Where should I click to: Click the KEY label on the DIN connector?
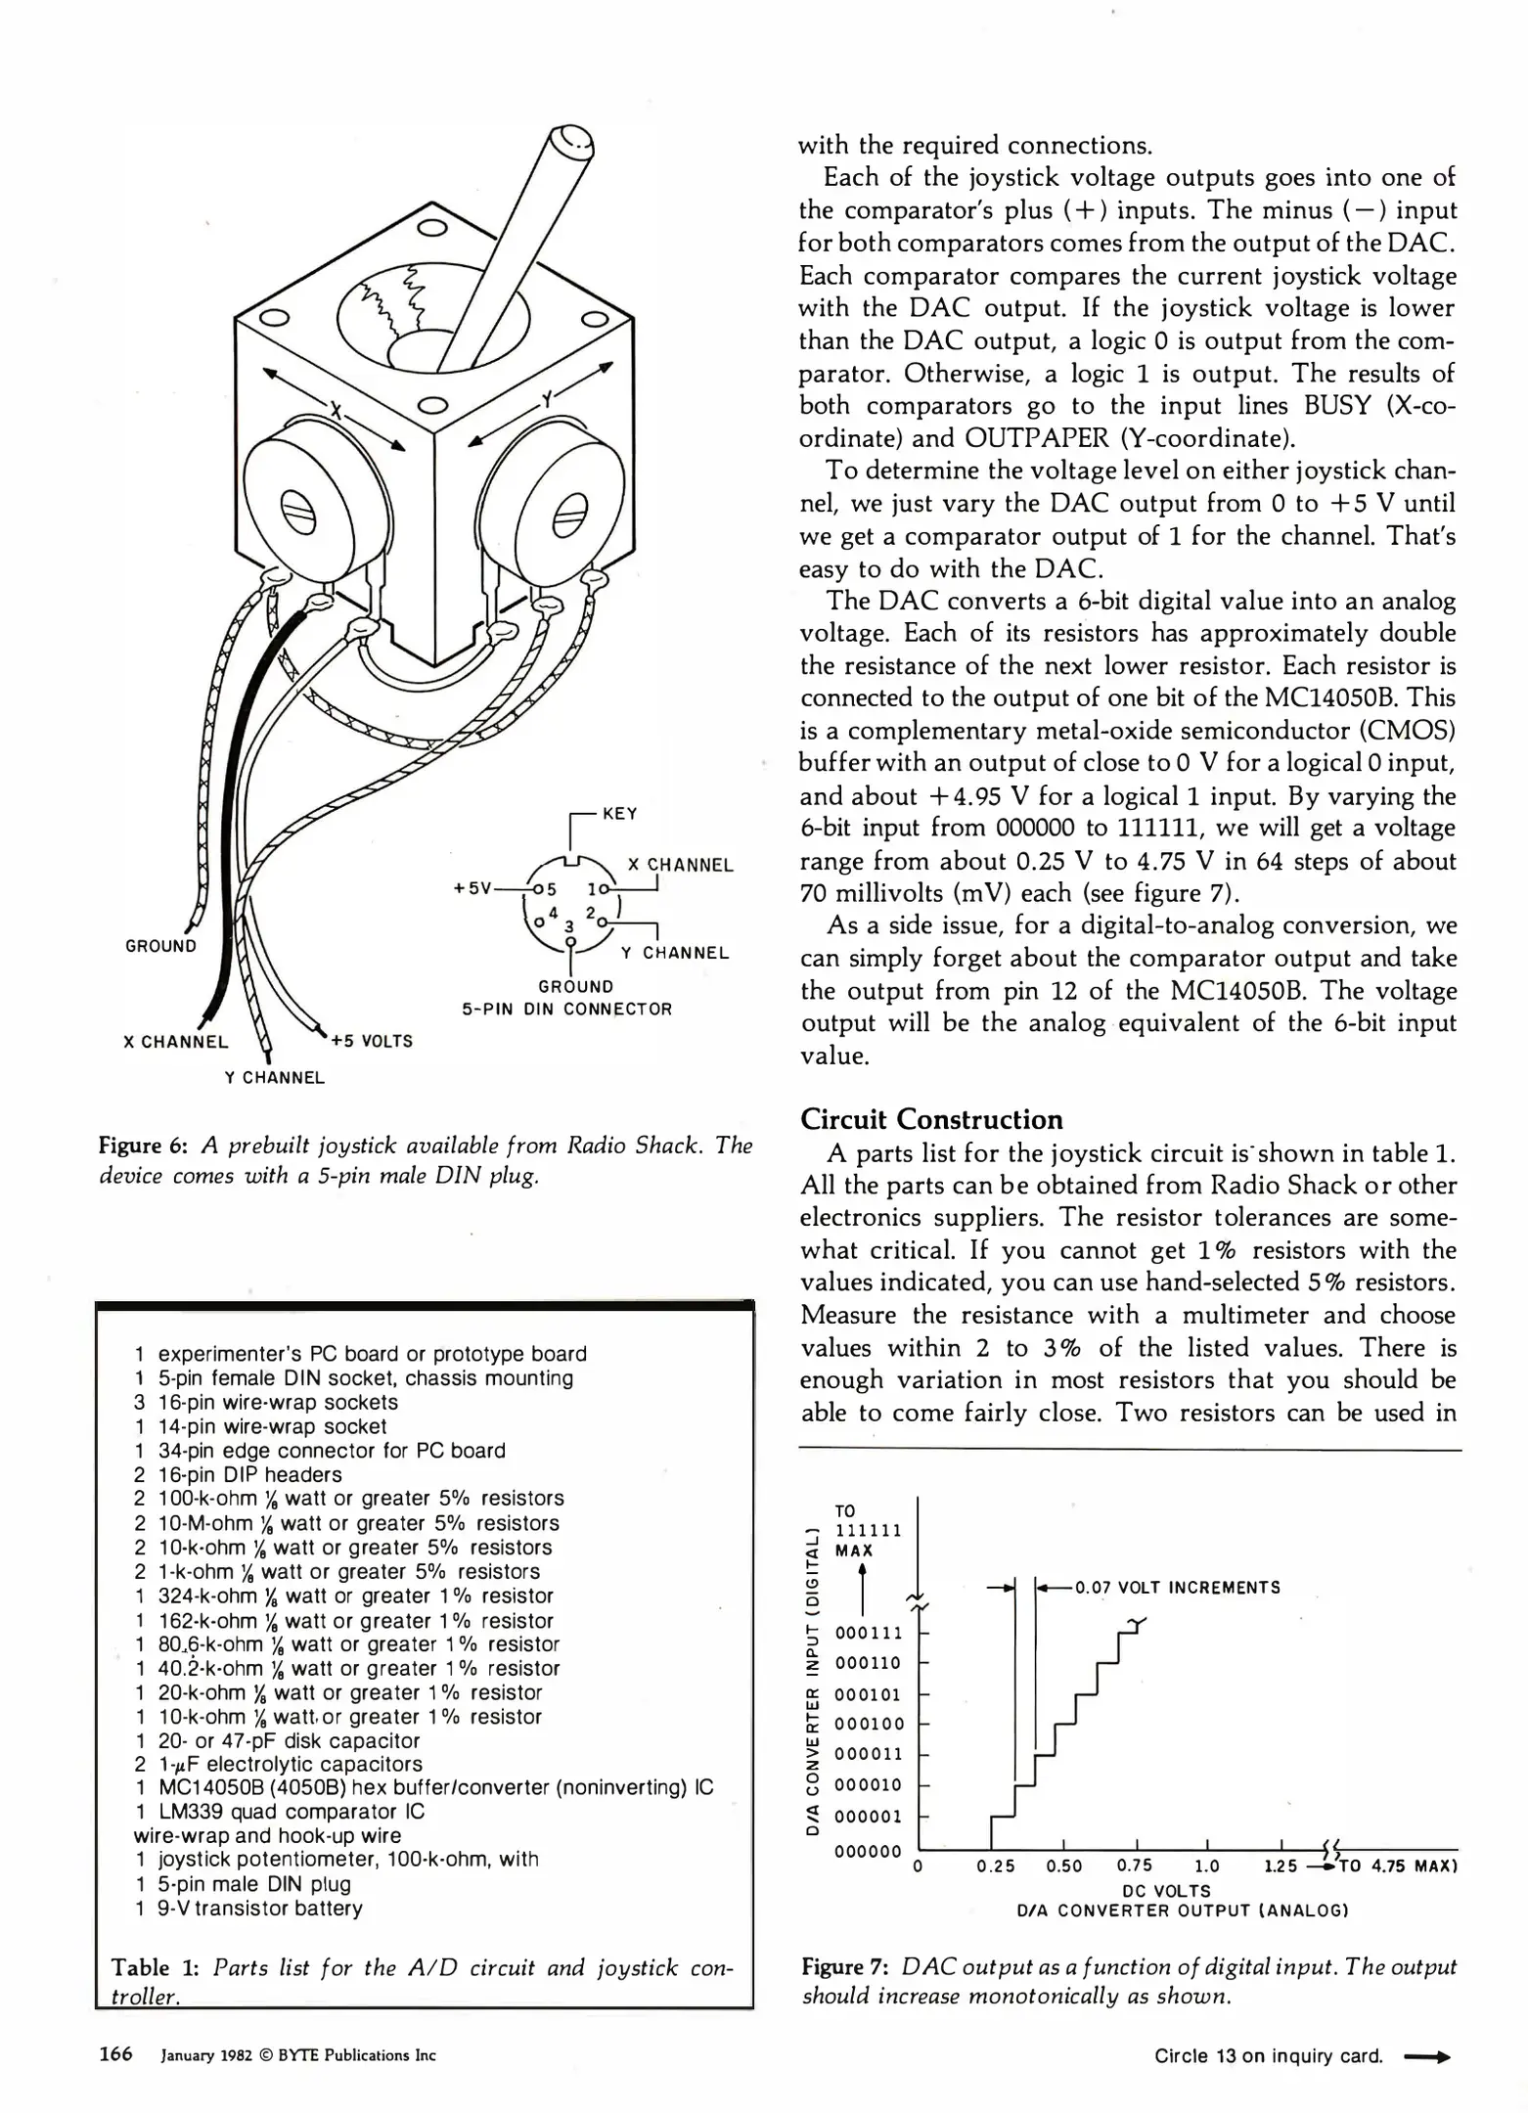620,813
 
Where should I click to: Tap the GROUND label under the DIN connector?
575,986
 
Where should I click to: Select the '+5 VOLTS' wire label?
372,1041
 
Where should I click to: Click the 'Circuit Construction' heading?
931,1119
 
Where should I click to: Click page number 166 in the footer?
115,2054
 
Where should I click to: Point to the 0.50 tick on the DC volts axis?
1064,1866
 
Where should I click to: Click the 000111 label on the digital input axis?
869,1633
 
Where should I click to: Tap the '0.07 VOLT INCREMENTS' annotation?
1177,1587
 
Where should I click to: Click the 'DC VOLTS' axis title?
1168,1891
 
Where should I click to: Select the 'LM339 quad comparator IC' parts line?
291,1812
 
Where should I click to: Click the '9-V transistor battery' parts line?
259,1908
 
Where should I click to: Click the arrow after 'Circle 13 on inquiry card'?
1426,2056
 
